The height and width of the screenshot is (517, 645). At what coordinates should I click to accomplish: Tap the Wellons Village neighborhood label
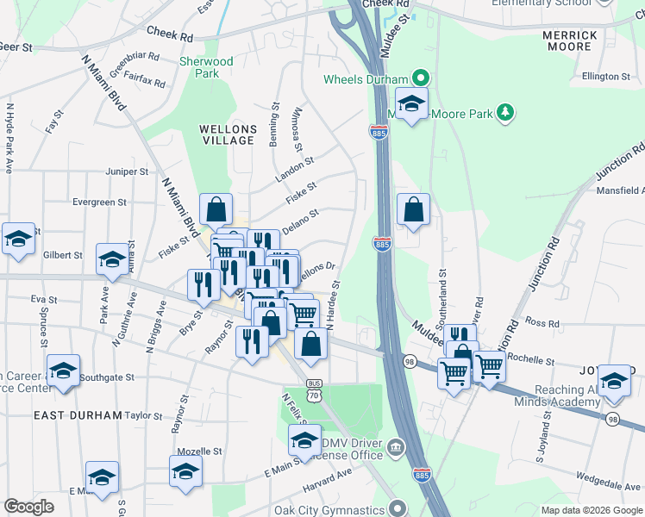click(227, 134)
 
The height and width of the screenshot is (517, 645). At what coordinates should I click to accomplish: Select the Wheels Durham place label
click(365, 79)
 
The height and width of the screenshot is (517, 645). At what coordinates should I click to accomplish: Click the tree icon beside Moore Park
click(504, 113)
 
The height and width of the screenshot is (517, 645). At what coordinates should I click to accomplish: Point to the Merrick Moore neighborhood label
click(570, 40)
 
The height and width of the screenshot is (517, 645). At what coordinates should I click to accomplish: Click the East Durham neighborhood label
click(78, 414)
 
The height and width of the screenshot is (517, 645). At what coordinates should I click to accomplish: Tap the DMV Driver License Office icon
click(395, 446)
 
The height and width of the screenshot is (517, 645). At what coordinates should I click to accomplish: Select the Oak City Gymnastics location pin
click(398, 508)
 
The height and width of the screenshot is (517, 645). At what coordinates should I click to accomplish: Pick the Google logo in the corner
click(29, 507)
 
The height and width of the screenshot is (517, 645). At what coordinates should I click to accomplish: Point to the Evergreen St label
click(100, 202)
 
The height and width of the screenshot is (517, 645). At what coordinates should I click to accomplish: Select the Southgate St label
click(107, 377)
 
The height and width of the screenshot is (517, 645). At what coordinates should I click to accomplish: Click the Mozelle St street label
click(199, 451)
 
